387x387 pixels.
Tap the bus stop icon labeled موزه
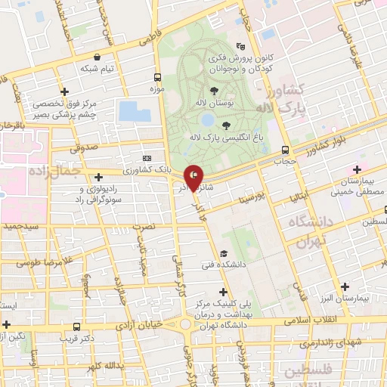(x=157, y=77)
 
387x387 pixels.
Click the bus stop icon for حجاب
(x=285, y=150)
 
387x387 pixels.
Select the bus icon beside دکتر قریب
(x=76, y=327)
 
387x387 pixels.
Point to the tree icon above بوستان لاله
(x=224, y=91)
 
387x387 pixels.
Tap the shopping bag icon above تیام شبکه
(x=97, y=57)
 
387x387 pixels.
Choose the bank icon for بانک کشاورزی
(x=146, y=158)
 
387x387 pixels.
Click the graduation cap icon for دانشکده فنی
(x=223, y=253)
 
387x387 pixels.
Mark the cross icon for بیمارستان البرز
(x=346, y=286)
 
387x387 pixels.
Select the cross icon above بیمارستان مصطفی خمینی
(x=356, y=169)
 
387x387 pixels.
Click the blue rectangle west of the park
(x=134, y=111)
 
